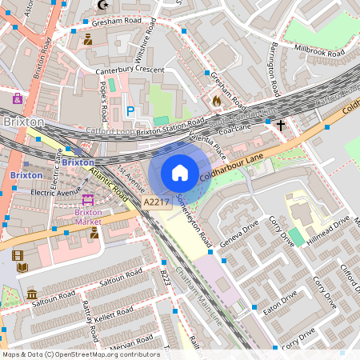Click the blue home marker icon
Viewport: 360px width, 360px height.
coord(180,173)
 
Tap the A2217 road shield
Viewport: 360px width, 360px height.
coord(157,203)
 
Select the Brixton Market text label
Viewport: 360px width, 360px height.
coord(88,218)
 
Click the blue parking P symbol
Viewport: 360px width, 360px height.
coord(130,112)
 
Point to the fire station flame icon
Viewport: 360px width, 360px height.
coord(217,101)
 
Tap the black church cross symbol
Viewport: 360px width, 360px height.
coord(280,125)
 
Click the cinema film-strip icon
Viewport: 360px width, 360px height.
coord(18,256)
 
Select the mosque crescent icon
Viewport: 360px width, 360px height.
coord(102,6)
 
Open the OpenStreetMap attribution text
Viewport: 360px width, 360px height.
coord(80,354)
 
